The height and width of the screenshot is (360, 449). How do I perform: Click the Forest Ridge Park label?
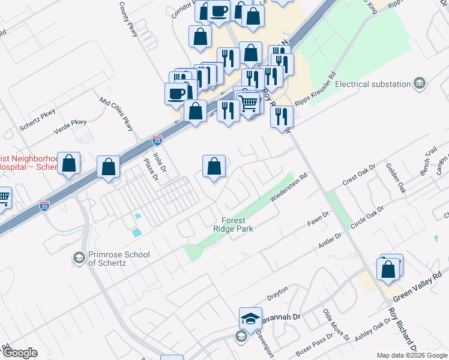tap(233, 224)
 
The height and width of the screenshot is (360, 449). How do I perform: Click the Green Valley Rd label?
tap(421, 293)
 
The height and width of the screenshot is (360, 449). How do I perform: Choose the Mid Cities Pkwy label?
tap(116, 115)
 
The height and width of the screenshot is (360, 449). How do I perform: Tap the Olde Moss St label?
tap(336, 326)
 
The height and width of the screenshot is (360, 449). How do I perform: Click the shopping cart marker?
tap(250, 103)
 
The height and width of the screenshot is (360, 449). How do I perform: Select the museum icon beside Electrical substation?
tap(420, 82)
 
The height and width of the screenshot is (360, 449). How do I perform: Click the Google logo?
tap(19, 353)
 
